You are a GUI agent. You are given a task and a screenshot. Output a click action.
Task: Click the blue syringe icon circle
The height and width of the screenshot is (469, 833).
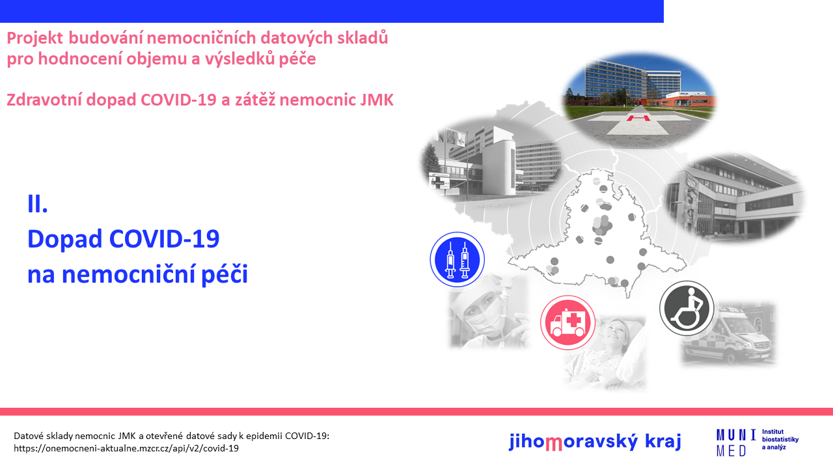(457, 259)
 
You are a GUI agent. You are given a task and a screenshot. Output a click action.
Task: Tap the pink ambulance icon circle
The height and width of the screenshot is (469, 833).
(567, 322)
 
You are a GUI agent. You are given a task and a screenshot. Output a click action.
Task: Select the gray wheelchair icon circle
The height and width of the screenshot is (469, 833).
(687, 308)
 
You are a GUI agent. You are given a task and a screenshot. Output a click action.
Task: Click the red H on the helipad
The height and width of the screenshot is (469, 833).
(638, 119)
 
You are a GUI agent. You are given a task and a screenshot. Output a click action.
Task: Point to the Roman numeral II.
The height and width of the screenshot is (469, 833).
(38, 204)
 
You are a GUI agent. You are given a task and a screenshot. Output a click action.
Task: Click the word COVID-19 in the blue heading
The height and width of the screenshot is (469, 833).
(164, 238)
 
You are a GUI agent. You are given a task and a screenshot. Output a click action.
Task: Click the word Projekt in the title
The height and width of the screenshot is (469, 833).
(35, 38)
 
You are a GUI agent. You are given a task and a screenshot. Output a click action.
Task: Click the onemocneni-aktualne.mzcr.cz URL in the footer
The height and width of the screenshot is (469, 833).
(126, 448)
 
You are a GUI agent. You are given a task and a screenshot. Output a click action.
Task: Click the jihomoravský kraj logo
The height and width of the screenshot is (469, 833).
(595, 442)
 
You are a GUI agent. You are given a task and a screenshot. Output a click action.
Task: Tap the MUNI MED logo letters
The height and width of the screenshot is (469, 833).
(736, 442)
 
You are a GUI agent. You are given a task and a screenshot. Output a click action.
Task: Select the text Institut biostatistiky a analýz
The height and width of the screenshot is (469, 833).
(780, 440)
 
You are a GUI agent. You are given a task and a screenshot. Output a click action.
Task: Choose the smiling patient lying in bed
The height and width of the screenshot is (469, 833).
(605, 354)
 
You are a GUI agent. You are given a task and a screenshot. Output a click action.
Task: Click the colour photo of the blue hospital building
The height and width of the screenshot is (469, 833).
(640, 100)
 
